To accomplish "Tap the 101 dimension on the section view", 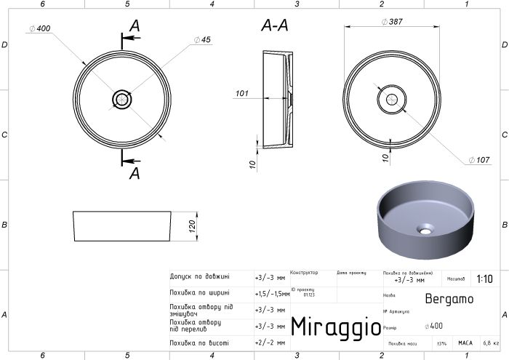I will tap(242, 93).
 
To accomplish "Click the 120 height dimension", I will tap(193, 226).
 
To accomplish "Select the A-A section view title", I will tap(275, 26).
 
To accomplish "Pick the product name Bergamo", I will tap(448, 298).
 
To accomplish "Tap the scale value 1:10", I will tap(484, 279).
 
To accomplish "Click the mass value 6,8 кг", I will tap(492, 342).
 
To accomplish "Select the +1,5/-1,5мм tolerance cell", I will tap(271, 294).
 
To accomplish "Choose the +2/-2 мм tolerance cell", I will tap(268, 343).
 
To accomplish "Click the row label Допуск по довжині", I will tap(199, 277).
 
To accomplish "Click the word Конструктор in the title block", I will tap(304, 273).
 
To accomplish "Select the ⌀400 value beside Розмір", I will tap(434, 327).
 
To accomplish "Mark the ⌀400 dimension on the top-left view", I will tap(40, 28).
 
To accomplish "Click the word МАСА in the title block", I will tap(465, 342).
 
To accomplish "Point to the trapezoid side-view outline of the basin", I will tap(123, 226).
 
